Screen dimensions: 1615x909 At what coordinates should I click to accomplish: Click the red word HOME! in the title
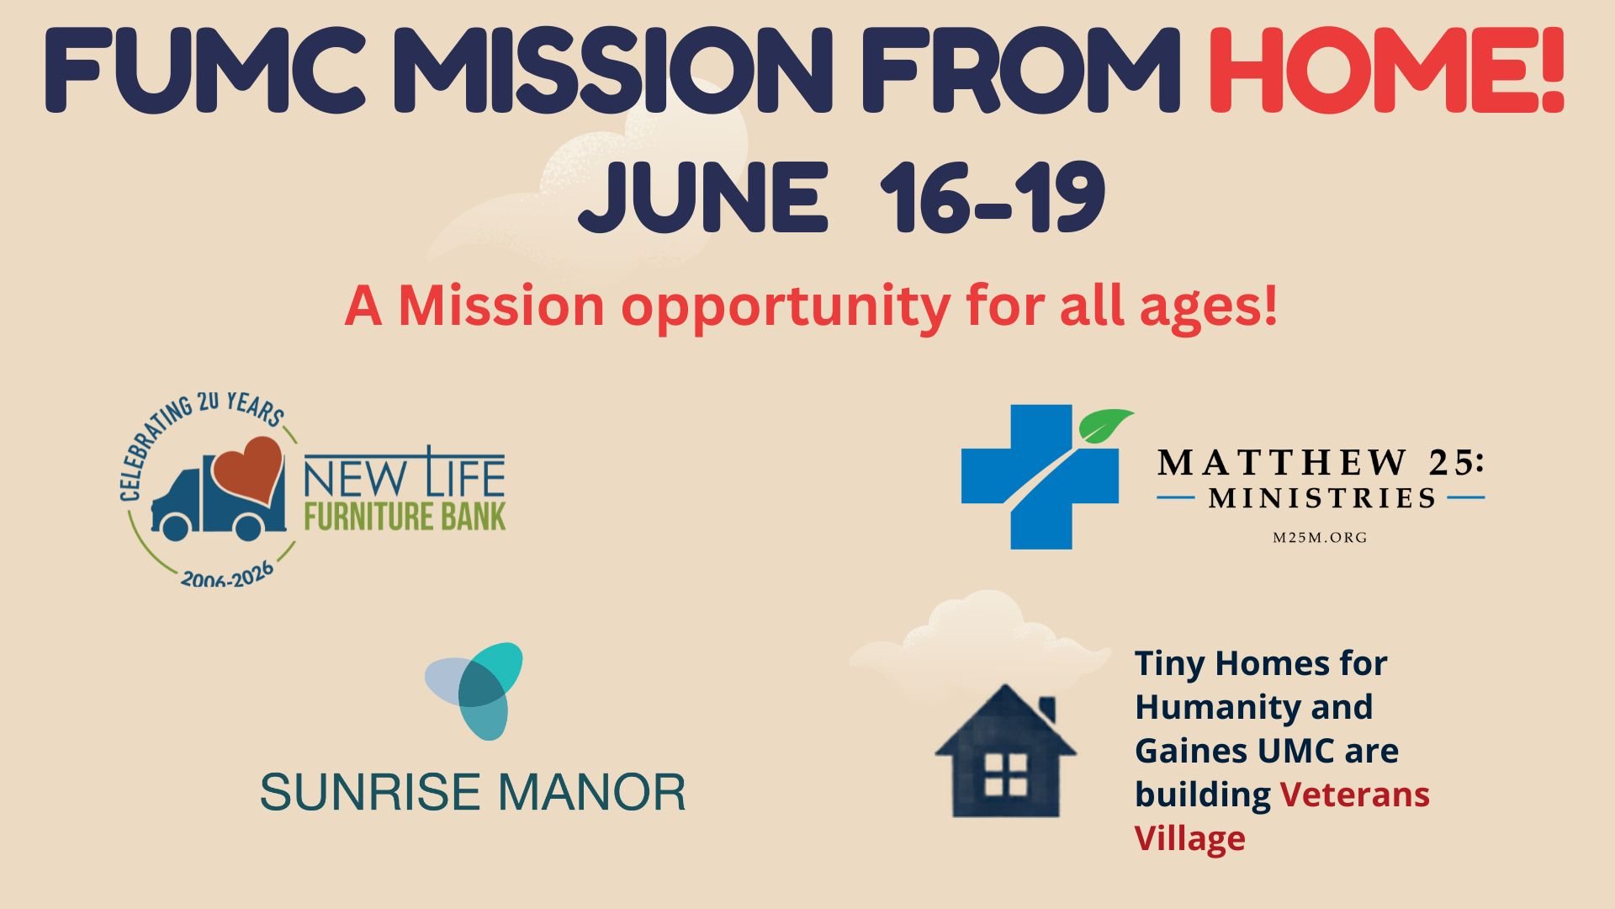click(x=1386, y=71)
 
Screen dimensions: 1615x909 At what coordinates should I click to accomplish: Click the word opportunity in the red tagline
click(x=786, y=307)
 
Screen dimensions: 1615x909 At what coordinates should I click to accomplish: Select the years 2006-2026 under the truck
click(x=228, y=574)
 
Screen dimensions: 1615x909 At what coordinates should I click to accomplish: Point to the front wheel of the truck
click(x=176, y=525)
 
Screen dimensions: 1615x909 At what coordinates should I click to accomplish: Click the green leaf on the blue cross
click(x=1105, y=425)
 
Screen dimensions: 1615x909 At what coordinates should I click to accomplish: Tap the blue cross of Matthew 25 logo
click(x=1040, y=477)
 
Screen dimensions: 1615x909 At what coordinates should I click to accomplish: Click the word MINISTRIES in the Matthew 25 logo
click(x=1322, y=498)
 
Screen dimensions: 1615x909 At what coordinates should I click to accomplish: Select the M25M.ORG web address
click(x=1320, y=537)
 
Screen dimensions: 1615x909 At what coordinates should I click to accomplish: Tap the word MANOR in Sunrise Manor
click(x=592, y=792)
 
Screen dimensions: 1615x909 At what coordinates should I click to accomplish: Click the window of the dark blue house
click(x=1006, y=774)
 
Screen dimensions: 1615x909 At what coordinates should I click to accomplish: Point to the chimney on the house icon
click(x=1047, y=710)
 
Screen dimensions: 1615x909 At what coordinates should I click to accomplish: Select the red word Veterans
click(x=1355, y=795)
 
